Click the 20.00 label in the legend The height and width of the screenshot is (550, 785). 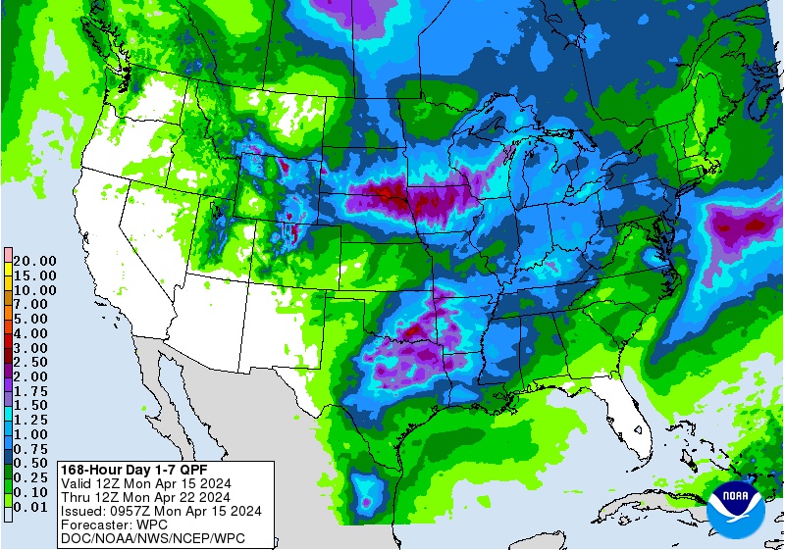[35, 261]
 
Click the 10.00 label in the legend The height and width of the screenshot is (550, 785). [35, 290]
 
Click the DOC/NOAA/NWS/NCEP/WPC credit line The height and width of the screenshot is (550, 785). [152, 538]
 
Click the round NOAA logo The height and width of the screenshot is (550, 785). [739, 507]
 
